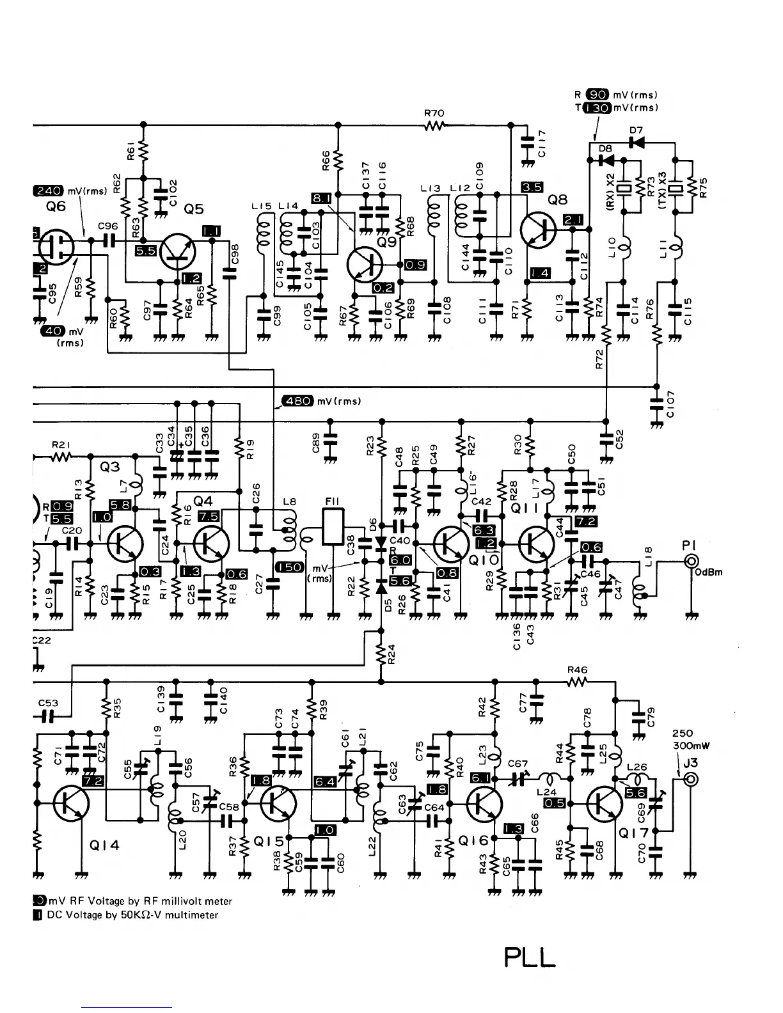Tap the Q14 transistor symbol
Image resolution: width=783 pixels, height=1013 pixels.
click(70, 803)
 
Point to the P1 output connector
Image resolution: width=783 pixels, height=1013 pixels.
click(691, 561)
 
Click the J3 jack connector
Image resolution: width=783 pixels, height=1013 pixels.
click(690, 780)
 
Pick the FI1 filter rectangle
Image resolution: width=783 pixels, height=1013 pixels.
click(333, 526)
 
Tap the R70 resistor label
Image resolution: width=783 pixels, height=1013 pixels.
click(434, 113)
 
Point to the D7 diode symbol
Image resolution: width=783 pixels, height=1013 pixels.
click(635, 142)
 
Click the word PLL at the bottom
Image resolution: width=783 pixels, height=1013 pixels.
click(530, 957)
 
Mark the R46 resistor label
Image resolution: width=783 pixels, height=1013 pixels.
click(577, 670)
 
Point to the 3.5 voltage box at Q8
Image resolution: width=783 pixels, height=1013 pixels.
click(532, 187)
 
